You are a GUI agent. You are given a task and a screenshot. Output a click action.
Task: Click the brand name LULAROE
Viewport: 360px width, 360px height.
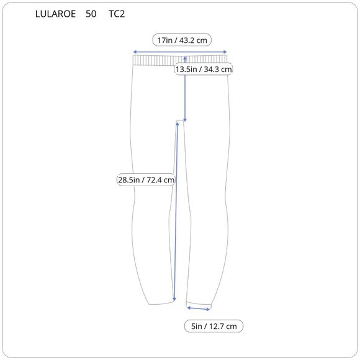click(x=55, y=14)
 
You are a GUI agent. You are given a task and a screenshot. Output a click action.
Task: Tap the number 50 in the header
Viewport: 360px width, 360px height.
click(x=91, y=14)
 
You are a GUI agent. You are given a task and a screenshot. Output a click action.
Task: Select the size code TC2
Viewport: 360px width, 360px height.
click(x=117, y=14)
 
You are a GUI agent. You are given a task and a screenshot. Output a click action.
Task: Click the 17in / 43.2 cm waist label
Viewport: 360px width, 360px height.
click(x=182, y=40)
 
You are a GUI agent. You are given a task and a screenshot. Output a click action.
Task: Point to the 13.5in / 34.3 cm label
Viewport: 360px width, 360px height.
click(x=204, y=69)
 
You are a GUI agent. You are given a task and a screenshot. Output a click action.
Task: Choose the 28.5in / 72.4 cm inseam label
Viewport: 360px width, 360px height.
click(x=146, y=179)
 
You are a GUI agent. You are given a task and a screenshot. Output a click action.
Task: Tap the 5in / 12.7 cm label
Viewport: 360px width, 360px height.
click(x=214, y=326)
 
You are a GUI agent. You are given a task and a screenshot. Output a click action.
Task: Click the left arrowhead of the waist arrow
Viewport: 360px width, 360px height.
click(x=135, y=52)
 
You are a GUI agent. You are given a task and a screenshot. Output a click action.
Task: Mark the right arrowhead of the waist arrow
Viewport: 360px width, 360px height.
click(x=225, y=52)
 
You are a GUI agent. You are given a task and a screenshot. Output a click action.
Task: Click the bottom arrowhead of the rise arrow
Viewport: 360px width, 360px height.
click(x=185, y=120)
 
